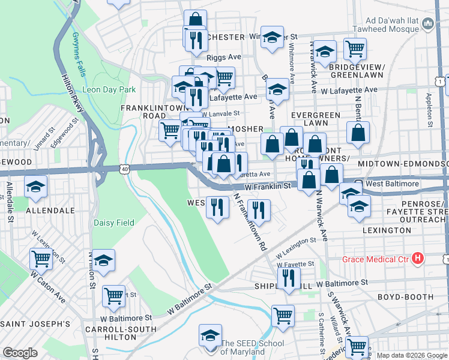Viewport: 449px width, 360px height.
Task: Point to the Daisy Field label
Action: [114, 223]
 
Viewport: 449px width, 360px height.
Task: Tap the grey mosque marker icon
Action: [428, 23]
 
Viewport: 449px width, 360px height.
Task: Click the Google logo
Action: [20, 353]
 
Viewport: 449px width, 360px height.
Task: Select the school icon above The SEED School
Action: [211, 334]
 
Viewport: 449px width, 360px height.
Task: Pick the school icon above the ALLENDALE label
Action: [36, 187]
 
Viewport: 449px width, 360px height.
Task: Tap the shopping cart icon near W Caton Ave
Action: [41, 259]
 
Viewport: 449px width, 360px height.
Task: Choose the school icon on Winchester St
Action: [272, 37]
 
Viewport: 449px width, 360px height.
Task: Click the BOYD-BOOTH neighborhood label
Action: [405, 297]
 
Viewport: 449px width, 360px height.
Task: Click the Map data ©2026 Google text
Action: [412, 355]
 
